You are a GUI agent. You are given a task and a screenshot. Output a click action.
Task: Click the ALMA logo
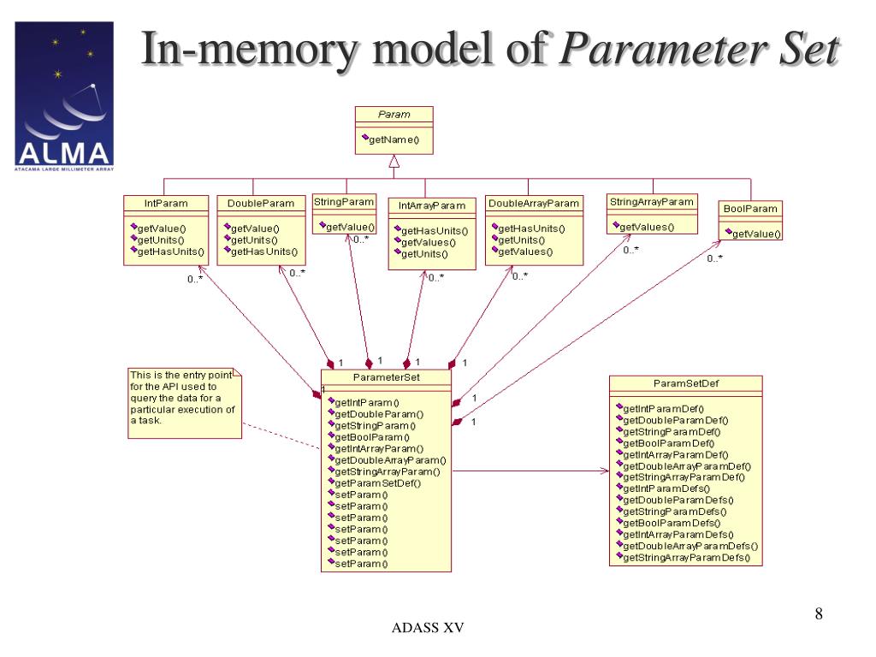(64, 96)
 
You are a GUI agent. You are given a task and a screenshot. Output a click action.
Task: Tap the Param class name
(394, 115)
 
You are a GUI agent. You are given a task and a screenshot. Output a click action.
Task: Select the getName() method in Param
(394, 139)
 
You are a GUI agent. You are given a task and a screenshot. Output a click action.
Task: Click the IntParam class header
(166, 204)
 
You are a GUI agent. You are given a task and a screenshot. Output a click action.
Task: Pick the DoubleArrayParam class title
(534, 204)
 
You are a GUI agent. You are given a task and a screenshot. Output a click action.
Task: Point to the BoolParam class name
(750, 209)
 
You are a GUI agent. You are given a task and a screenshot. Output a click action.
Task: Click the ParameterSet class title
(386, 377)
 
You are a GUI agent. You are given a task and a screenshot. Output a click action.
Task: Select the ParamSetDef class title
(686, 384)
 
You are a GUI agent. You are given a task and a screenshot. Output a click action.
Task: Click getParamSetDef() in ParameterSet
(377, 483)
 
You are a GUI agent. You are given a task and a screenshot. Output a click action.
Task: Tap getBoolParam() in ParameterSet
(372, 437)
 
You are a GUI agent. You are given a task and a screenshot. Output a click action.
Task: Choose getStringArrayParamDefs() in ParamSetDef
(687, 558)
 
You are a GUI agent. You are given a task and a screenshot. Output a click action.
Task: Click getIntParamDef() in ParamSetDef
(664, 409)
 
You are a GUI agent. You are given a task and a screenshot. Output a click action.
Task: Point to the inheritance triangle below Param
(394, 162)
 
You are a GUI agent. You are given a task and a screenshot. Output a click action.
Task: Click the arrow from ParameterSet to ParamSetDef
(530, 471)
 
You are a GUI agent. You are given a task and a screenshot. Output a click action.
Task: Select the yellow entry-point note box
(185, 404)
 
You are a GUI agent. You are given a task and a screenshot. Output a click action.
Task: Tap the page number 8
(819, 614)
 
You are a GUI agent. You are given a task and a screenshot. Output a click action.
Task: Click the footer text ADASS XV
(428, 628)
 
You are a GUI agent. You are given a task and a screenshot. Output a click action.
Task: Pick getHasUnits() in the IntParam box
(171, 252)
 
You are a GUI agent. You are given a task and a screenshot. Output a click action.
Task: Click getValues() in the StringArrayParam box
(647, 228)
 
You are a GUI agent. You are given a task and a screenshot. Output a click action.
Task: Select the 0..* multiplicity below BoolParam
(714, 258)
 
